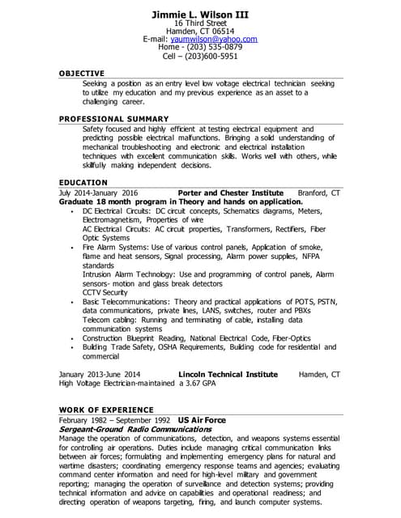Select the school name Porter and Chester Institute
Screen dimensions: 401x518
(x=230, y=193)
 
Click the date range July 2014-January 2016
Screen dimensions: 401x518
(x=99, y=193)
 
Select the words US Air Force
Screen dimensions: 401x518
(x=202, y=421)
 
